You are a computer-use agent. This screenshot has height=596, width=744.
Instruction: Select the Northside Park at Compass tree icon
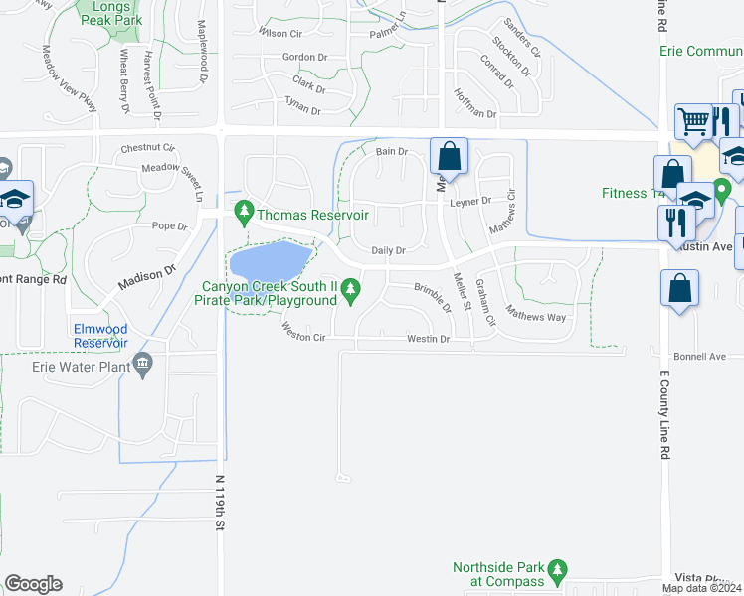557,571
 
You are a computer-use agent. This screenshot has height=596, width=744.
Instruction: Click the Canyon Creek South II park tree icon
350,290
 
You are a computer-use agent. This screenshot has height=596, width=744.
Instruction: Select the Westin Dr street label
429,340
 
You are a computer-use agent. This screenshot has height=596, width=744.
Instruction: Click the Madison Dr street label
146,276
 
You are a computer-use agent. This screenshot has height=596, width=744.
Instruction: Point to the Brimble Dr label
432,295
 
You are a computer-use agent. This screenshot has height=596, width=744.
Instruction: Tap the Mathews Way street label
536,317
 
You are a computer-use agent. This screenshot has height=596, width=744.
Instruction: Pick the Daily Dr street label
388,251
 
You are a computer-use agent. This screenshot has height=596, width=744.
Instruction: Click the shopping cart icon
692,121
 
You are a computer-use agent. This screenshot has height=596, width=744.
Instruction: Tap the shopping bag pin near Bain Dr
449,157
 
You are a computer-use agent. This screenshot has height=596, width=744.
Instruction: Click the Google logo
33,584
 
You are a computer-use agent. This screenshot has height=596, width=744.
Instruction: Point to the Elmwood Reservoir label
100,335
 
